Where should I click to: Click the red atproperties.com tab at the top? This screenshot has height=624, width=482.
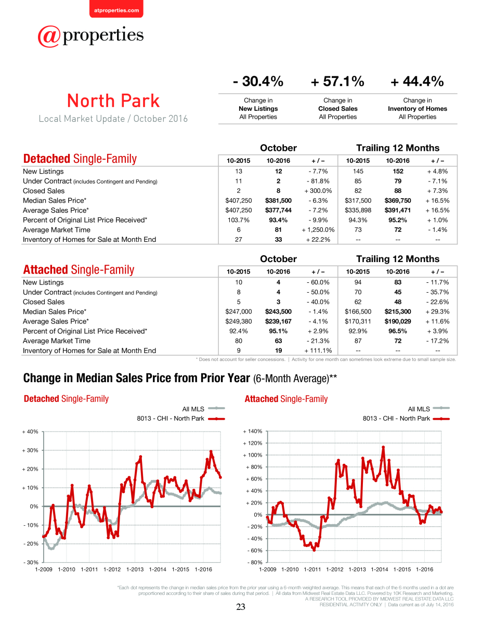(116, 9)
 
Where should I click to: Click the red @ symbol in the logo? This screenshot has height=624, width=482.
(49, 36)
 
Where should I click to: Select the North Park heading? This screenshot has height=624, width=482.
(113, 101)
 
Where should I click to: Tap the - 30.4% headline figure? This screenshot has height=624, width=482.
(258, 81)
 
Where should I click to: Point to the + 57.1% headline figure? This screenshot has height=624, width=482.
(337, 81)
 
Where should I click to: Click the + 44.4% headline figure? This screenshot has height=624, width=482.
(417, 81)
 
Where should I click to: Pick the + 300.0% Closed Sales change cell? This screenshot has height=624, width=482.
(318, 191)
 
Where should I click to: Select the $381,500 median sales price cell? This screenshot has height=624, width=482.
(278, 200)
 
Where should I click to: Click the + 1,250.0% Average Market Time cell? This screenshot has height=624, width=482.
(318, 230)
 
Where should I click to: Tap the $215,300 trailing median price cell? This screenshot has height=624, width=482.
(398, 311)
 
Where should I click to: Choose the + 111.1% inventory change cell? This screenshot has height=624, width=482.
(318, 350)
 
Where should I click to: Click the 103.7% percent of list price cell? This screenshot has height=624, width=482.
(238, 220)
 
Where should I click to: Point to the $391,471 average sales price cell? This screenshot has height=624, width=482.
(398, 210)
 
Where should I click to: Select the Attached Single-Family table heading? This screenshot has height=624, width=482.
(79, 270)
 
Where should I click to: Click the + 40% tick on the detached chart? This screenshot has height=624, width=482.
(30, 432)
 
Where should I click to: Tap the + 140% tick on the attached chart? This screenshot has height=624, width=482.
(253, 431)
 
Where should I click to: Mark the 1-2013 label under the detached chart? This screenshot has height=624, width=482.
(135, 569)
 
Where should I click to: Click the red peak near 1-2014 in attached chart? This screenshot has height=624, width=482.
(383, 447)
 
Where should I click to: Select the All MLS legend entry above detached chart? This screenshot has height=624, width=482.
(203, 409)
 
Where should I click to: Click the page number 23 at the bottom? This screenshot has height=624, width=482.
(241, 607)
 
